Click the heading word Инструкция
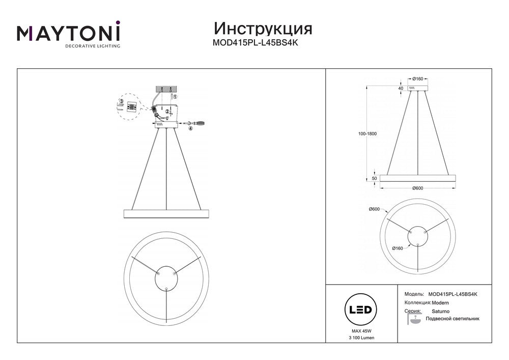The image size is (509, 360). coord(263,29)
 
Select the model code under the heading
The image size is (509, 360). coord(255,43)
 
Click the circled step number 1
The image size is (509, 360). coord(174,96)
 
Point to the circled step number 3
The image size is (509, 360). coord(122,102)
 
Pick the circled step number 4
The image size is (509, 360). coord(190,128)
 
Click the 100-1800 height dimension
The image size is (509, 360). coord(368,134)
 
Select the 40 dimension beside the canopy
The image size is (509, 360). coord(401,88)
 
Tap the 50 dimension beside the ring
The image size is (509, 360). coord(374,178)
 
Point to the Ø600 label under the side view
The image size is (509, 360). coord(417,188)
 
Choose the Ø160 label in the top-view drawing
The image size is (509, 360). coord(398,248)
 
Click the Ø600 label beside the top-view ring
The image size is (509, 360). coord(374,209)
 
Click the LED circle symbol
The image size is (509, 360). coord(361,310)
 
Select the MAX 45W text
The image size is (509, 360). coord(361,331)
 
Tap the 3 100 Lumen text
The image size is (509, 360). coord(361,338)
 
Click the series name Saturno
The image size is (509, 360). coord(440,311)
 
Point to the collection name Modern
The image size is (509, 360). coord(440,303)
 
